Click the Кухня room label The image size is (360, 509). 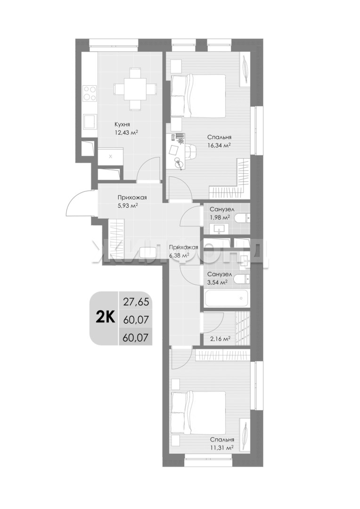pos(122,124)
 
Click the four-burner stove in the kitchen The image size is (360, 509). pos(90,93)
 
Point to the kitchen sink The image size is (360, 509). pos(90,121)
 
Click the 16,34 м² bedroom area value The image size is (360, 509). pos(219,145)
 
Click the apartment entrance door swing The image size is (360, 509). pos(80,202)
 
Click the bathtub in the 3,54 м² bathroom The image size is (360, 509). pos(227,298)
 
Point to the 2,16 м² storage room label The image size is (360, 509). pos(221,338)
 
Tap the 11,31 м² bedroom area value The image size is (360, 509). pos(222,448)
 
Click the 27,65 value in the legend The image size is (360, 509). pos(136,302)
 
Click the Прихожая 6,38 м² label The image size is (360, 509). pos(183,251)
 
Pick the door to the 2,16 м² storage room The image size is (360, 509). pos(213,323)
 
